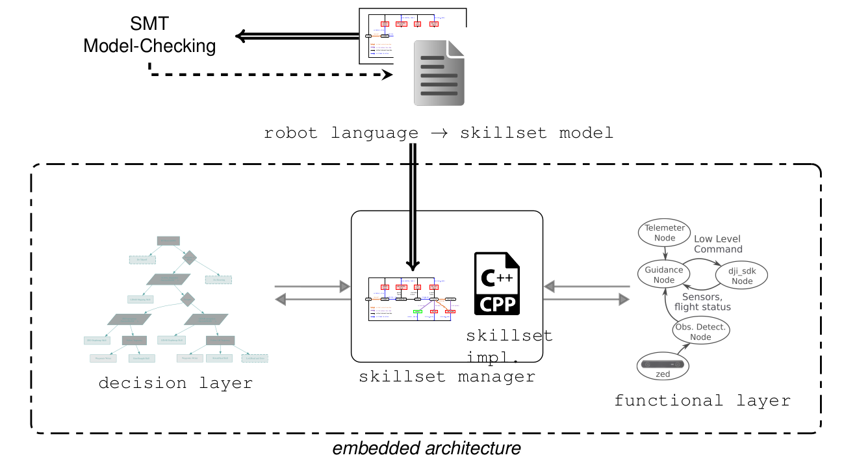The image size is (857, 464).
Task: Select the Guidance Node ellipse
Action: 664,275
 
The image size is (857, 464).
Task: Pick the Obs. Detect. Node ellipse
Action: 700,331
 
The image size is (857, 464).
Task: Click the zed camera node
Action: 662,367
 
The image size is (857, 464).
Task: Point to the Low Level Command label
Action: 718,244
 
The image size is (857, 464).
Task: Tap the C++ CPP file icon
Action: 497,283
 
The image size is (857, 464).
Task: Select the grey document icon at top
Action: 440,71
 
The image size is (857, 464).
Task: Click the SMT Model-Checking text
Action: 149,35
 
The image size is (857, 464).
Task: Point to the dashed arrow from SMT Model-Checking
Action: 273,75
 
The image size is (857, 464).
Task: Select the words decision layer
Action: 175,383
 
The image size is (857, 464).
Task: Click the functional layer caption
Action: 702,400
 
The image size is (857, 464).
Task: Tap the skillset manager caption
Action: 447,376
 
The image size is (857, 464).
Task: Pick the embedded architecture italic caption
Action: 426,448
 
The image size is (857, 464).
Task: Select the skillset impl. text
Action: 509,345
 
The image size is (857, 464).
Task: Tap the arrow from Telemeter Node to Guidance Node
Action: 664,254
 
